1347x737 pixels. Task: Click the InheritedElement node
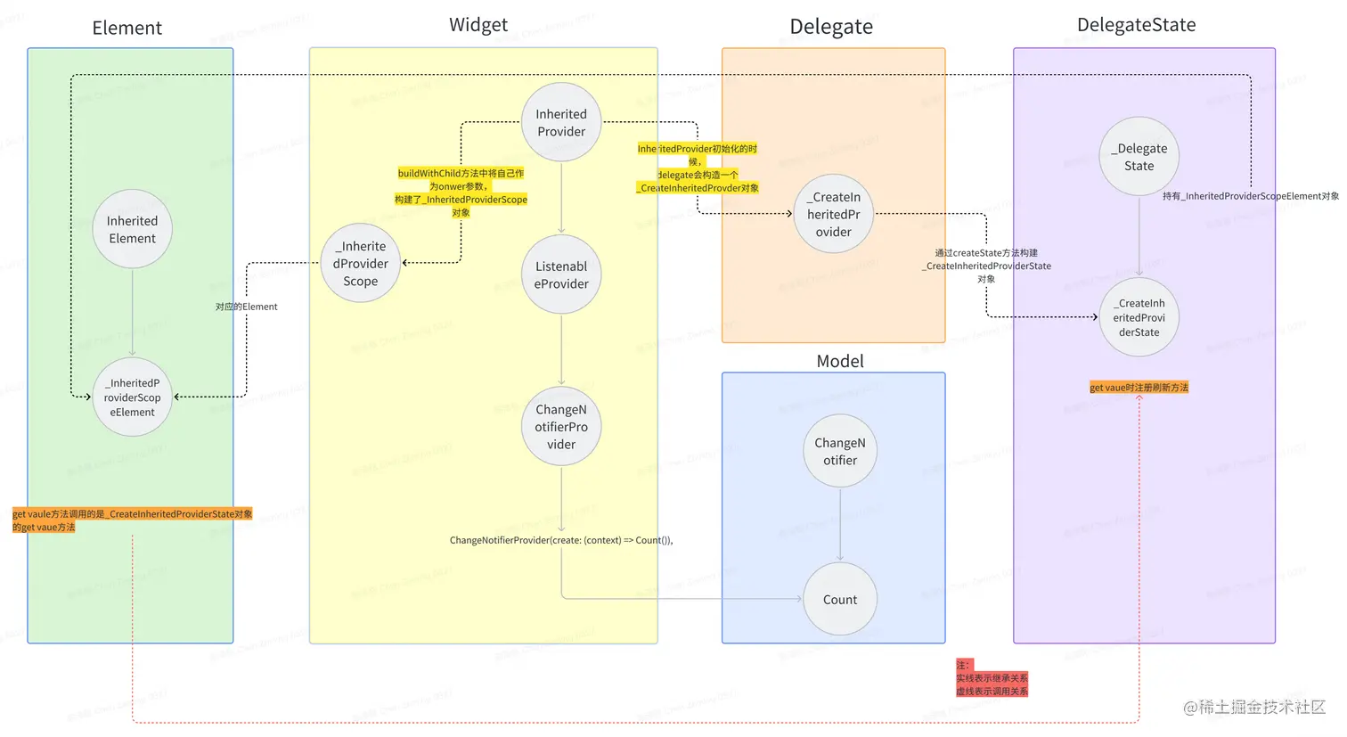point(133,229)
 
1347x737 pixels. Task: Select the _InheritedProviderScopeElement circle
point(133,397)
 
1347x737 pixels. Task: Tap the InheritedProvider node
point(561,123)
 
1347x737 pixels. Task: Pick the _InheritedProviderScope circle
point(361,263)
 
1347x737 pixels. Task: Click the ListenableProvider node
point(561,274)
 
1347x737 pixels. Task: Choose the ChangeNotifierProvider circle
point(561,427)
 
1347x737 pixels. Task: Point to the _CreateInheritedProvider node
point(834,214)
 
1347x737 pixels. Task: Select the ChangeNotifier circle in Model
point(840,451)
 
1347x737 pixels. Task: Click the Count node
point(840,600)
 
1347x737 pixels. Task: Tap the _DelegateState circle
point(1139,157)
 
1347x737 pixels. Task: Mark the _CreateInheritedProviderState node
point(1139,317)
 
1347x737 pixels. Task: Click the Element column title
point(127,28)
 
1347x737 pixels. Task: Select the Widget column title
point(478,25)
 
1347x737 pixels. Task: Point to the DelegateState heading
point(1137,25)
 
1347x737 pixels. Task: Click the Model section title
point(840,361)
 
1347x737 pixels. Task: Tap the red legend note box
point(992,678)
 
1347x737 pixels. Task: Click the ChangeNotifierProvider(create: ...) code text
point(561,540)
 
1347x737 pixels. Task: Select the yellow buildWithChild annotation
point(461,192)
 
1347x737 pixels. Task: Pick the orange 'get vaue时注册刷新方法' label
point(1139,388)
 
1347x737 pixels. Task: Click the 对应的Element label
point(247,307)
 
